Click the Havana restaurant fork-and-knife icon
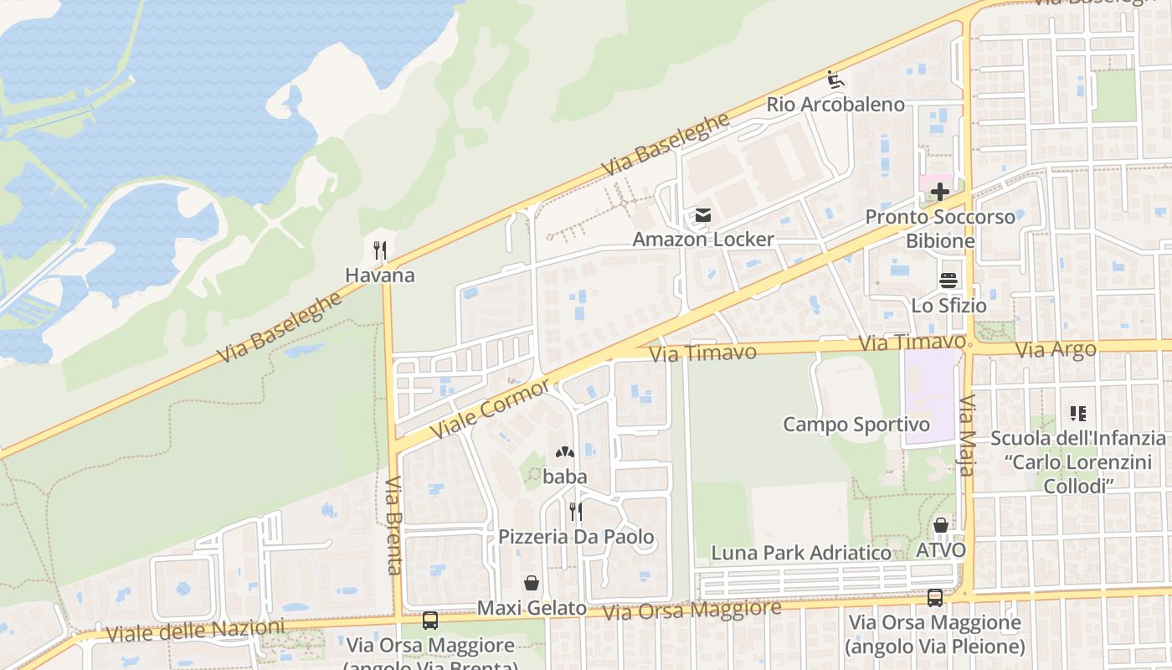point(379,250)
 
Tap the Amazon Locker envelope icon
point(702,216)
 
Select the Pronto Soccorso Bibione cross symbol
point(940,192)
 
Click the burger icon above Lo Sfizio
point(948,281)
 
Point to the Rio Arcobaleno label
point(835,105)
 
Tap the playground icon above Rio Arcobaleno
point(835,80)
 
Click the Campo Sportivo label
point(856,425)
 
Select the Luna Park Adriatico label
point(801,553)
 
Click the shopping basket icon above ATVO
point(941,526)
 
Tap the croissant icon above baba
point(565,453)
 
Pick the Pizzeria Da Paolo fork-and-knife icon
point(576,511)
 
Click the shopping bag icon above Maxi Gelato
point(531,583)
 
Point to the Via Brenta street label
point(393,525)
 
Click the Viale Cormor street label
point(491,408)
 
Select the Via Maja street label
point(968,435)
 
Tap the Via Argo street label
point(1056,350)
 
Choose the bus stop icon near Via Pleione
point(935,598)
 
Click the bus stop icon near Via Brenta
point(430,621)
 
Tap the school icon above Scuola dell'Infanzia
point(1077,413)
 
